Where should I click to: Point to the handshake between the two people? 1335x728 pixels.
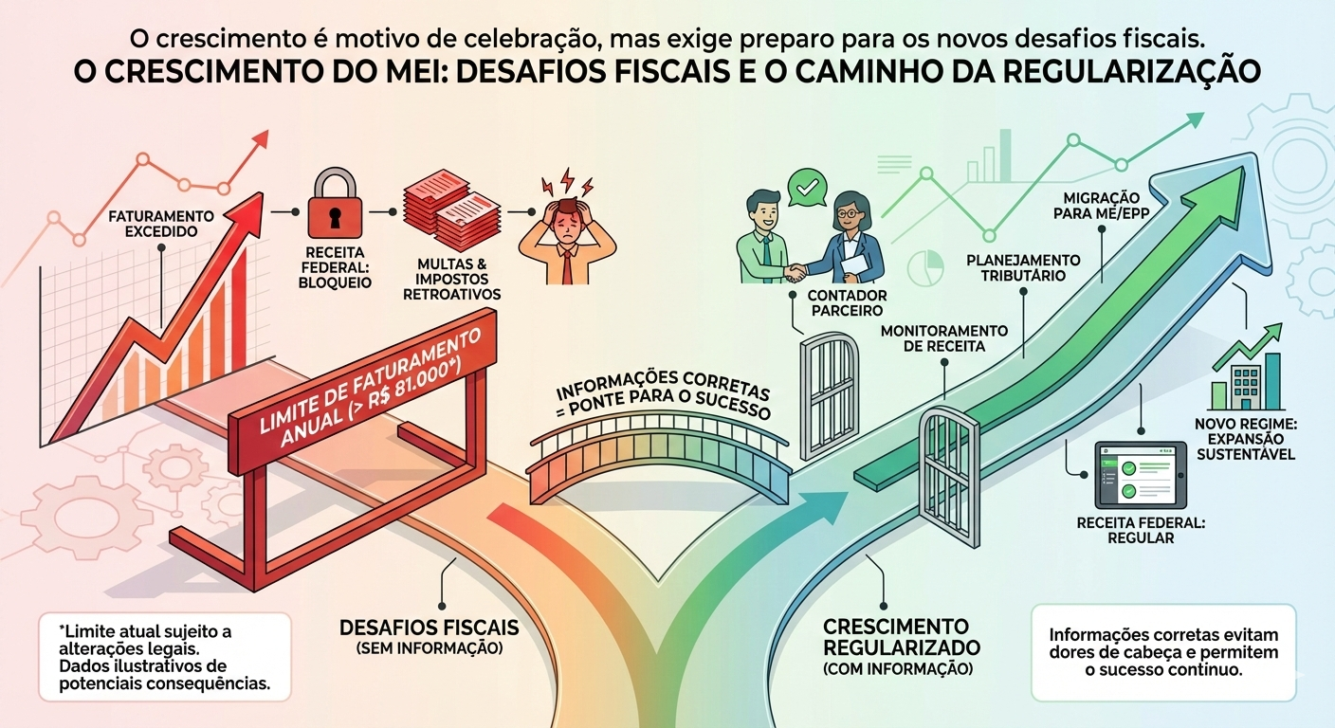[x=795, y=271]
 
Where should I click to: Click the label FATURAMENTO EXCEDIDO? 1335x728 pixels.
[x=161, y=223]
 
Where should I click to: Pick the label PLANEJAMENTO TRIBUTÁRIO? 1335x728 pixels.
[x=1022, y=267]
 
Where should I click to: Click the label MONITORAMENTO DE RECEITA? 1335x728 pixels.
[x=943, y=338]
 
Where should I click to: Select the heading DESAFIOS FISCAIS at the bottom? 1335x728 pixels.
[x=429, y=628]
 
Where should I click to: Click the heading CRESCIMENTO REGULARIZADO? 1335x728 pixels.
[x=895, y=637]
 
